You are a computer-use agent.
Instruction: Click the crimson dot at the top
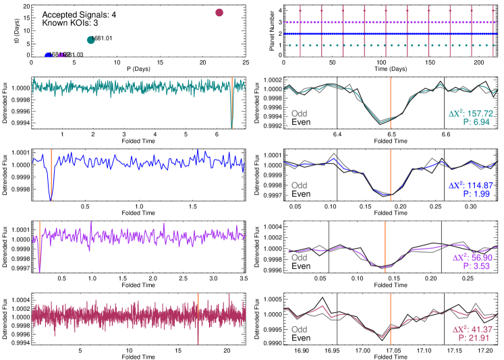click(x=219, y=12)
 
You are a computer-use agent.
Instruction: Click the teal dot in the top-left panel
click(x=91, y=40)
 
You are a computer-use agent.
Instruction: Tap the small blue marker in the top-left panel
click(x=48, y=55)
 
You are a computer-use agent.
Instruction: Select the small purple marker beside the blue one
click(x=61, y=55)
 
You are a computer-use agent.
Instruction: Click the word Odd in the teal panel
click(x=299, y=113)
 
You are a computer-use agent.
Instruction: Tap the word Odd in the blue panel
click(x=299, y=185)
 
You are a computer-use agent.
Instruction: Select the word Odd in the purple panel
click(x=299, y=257)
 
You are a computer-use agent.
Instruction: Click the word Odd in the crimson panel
click(x=299, y=330)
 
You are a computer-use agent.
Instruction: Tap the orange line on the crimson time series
click(x=198, y=317)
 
